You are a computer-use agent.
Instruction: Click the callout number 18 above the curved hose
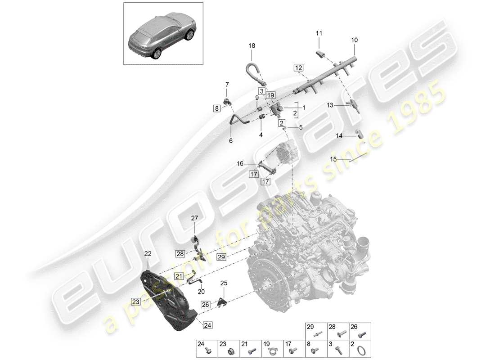pos(252,45)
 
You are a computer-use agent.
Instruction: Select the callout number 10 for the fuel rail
pos(355,40)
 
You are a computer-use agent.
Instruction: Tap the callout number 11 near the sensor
pos(319,33)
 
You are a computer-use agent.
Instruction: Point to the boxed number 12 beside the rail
pos(298,67)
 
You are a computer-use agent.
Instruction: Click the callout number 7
pos(227,84)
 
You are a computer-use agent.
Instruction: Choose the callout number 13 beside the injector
pos(330,105)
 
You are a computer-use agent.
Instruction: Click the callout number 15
pos(334,159)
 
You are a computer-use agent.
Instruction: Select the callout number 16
pos(240,164)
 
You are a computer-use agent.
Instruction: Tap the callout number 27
pos(195,218)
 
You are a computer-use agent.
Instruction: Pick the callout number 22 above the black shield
pos(148,254)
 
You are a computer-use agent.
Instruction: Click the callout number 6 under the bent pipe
pos(231,141)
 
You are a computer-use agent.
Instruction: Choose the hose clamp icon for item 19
pos(272,349)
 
